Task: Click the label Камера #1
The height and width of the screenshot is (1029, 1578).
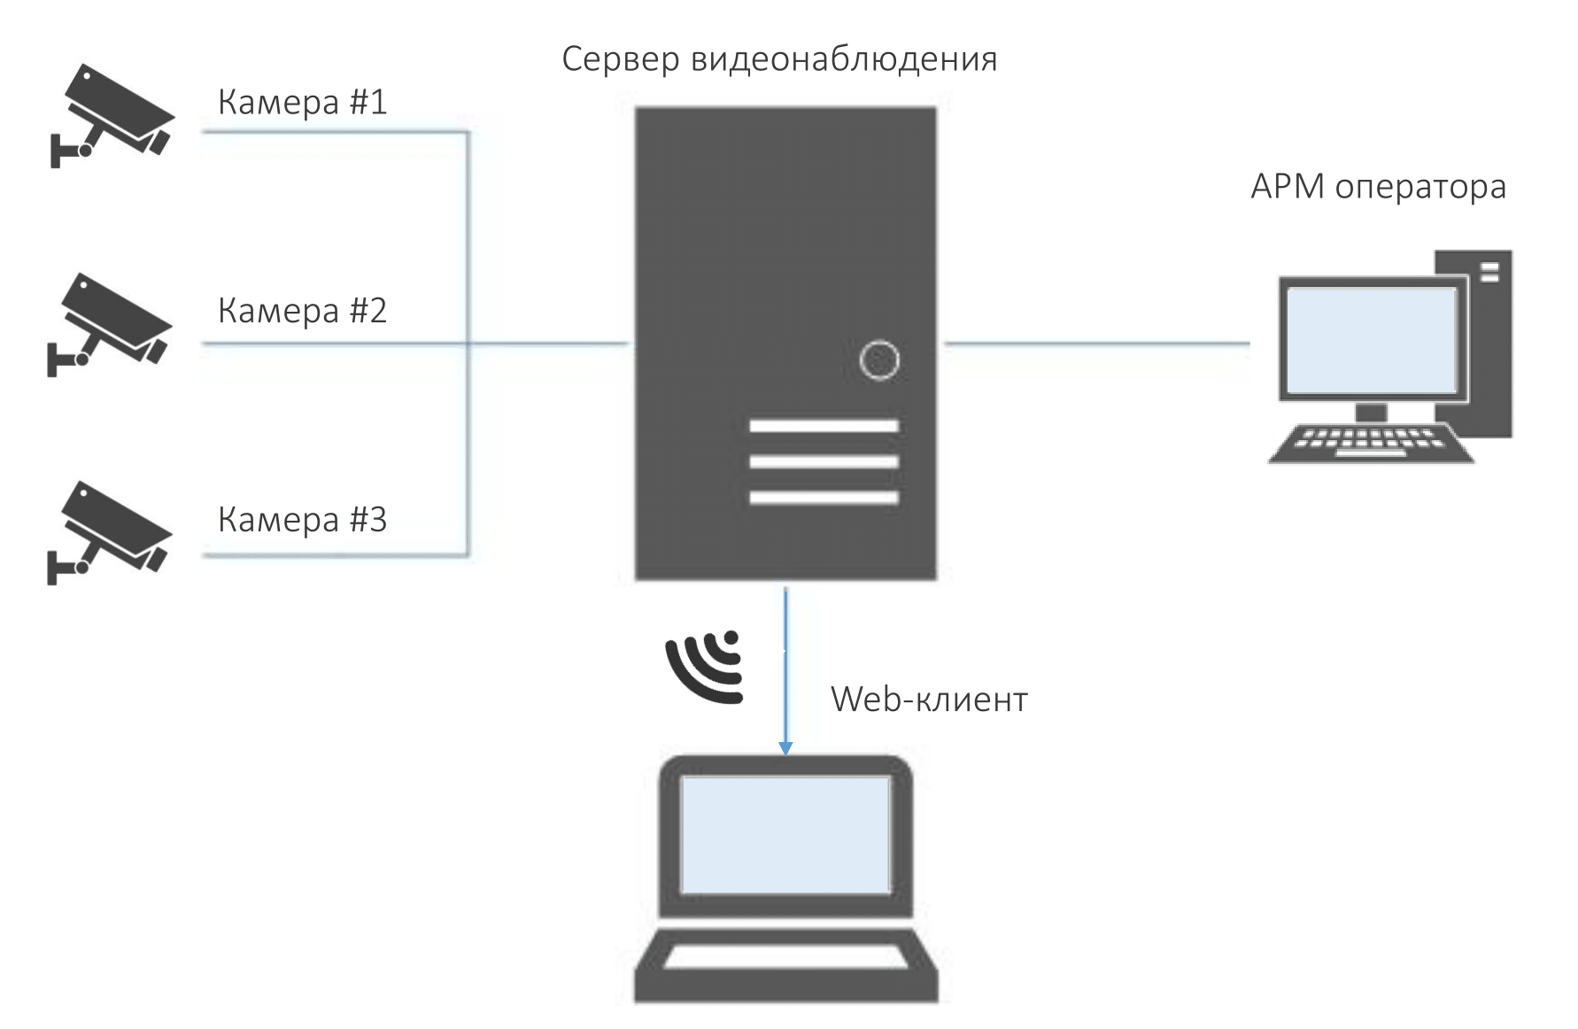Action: coord(302,103)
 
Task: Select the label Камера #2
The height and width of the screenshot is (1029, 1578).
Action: coord(302,311)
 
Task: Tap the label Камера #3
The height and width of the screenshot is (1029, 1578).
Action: coord(302,520)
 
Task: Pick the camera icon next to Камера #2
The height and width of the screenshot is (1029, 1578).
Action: coord(109,323)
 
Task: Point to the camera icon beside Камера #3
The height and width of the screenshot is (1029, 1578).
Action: coord(109,531)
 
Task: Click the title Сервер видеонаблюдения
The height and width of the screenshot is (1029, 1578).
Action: coord(779,60)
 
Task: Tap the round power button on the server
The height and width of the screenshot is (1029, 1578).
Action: coord(879,360)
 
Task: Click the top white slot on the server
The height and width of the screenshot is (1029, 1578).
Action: coord(824,426)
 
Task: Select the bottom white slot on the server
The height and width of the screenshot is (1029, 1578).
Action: coord(824,498)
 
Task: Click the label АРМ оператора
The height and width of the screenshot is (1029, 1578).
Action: coord(1378,188)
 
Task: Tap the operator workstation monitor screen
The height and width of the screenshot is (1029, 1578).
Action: coord(1371,340)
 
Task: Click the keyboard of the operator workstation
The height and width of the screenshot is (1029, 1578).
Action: coord(1370,442)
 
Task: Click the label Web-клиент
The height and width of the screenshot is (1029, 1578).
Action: coord(929,700)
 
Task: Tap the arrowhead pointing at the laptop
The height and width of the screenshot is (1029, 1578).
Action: coord(785,747)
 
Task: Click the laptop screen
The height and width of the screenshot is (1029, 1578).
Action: coord(785,834)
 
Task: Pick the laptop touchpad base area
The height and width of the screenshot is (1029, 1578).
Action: coord(785,960)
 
